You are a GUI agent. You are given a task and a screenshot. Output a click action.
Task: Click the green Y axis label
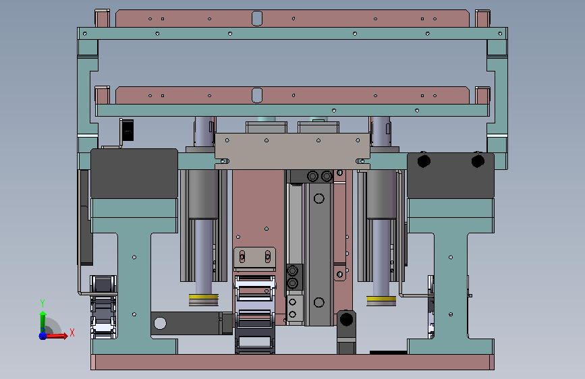[x=43, y=303]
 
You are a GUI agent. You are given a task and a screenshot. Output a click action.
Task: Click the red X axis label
[x=72, y=332]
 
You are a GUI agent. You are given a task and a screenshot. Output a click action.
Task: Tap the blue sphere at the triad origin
[x=43, y=336]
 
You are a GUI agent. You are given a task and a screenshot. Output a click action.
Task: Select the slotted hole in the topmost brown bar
[x=257, y=18]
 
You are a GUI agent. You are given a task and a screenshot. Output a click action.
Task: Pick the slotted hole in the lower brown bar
[x=257, y=95]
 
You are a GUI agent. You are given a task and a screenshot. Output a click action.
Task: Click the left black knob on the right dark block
[x=424, y=161]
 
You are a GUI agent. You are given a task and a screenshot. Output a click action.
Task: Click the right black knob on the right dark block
[x=478, y=161]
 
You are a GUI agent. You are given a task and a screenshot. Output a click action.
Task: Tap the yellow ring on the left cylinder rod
[x=203, y=297]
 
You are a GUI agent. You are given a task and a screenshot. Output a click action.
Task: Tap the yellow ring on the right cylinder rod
[x=381, y=299]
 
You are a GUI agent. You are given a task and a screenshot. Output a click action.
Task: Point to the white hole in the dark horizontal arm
[x=160, y=323]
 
